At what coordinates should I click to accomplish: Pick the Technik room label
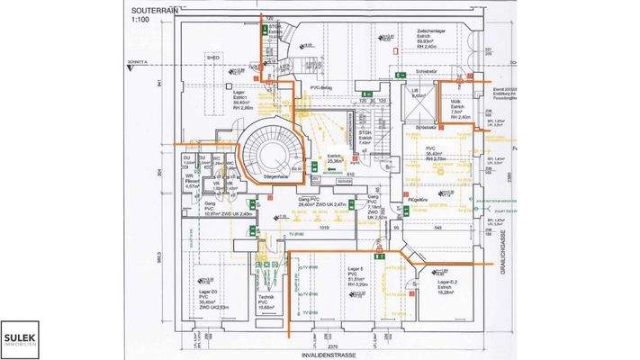[x=265, y=298]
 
